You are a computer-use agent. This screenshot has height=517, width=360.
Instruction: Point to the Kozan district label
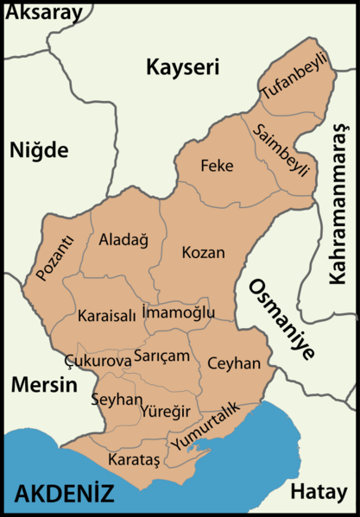click(x=203, y=253)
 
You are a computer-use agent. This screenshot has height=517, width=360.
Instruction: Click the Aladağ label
click(x=124, y=239)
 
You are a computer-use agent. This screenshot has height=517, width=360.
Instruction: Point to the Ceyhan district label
click(x=234, y=364)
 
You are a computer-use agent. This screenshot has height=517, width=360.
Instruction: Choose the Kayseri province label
click(x=182, y=66)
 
